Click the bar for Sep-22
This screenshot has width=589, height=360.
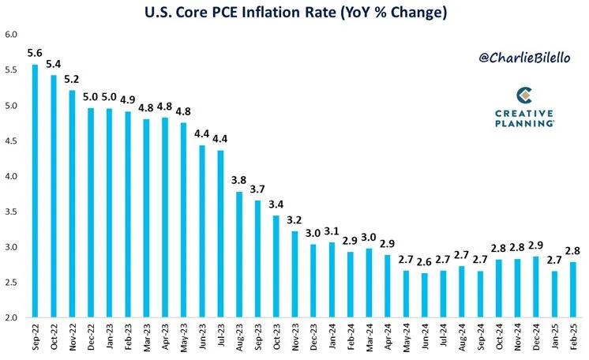point(35,190)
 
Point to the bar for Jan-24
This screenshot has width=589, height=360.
point(332,279)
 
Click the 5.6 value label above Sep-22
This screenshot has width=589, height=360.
point(35,54)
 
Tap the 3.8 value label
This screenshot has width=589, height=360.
point(239,180)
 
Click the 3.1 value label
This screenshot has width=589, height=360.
point(332,231)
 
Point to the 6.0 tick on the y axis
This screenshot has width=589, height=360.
point(11,36)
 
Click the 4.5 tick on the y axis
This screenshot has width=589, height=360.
point(11,141)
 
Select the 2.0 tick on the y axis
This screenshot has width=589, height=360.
point(11,317)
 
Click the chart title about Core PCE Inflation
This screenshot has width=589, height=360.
point(294,13)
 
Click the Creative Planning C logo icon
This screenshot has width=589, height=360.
point(523,96)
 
